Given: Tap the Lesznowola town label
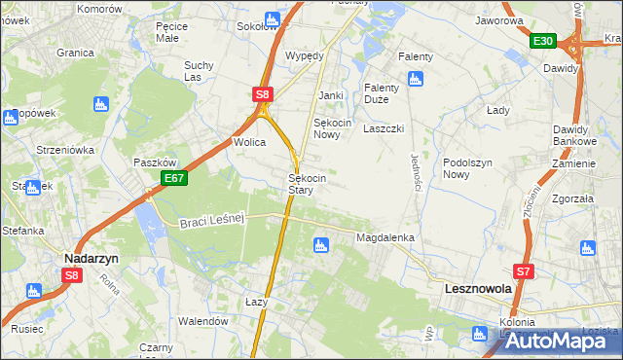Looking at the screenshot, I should point(479,289).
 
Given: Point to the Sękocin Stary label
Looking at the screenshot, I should point(307,185).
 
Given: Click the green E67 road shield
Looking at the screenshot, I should point(174,179).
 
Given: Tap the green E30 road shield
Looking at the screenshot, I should point(543,41).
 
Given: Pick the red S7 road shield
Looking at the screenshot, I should point(525,271).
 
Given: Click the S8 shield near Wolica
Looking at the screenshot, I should point(263,94).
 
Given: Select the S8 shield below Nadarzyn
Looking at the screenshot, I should point(72,275).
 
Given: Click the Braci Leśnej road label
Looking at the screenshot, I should point(209,222).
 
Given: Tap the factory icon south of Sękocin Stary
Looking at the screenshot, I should point(320,246).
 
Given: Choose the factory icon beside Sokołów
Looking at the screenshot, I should point(272,18).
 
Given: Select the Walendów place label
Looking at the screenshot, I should point(202,321).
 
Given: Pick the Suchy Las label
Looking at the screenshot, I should point(199,72).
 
